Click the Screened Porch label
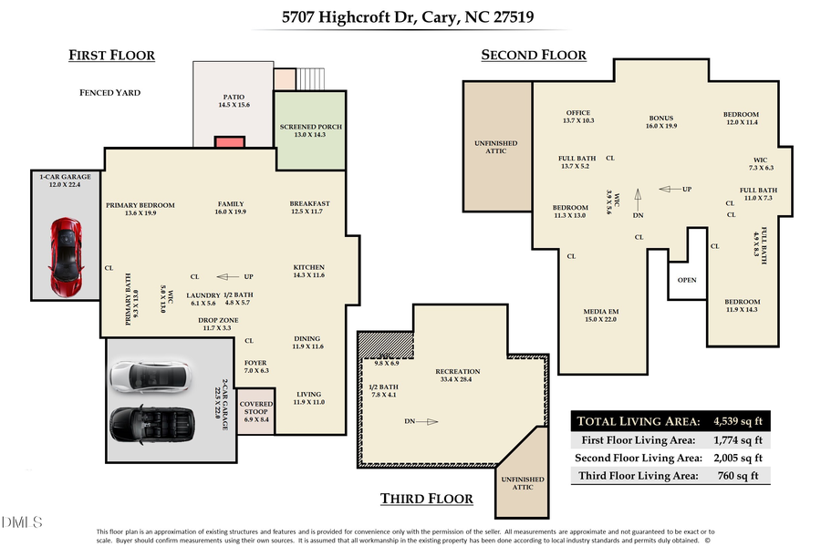[x=311, y=130]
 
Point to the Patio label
[x=234, y=101]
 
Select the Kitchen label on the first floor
[x=309, y=271]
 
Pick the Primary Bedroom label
[x=140, y=209]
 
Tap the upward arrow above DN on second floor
[x=639, y=192]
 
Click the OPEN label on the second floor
[x=687, y=280]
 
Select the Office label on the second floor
[x=578, y=116]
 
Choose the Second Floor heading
[x=534, y=56]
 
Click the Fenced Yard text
[x=109, y=92]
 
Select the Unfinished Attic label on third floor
[x=522, y=483]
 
